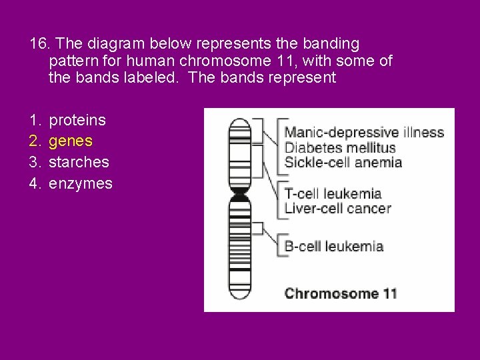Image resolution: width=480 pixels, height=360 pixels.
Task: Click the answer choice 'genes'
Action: [x=71, y=141]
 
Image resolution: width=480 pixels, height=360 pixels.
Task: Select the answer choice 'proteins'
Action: [x=77, y=120]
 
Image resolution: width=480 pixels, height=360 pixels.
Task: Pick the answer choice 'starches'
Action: [x=79, y=162]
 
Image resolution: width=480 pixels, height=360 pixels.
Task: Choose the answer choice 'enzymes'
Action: [x=80, y=183]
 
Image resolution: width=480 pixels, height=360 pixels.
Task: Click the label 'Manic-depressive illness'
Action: [x=364, y=132]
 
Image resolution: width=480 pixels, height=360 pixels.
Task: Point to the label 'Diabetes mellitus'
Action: [x=340, y=147]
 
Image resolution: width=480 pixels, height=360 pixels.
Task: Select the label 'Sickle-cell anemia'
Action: [x=343, y=162]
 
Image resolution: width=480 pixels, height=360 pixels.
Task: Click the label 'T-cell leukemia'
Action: [x=333, y=194]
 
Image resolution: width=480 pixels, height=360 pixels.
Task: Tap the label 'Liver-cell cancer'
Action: [x=337, y=208]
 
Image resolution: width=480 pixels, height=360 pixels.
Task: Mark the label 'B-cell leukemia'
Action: [x=333, y=246]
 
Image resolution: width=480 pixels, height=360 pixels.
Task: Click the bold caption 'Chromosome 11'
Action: [x=341, y=293]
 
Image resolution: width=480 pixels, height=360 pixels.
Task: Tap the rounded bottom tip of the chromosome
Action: [x=239, y=297]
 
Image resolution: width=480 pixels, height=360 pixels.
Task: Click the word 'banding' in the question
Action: [x=331, y=44]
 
